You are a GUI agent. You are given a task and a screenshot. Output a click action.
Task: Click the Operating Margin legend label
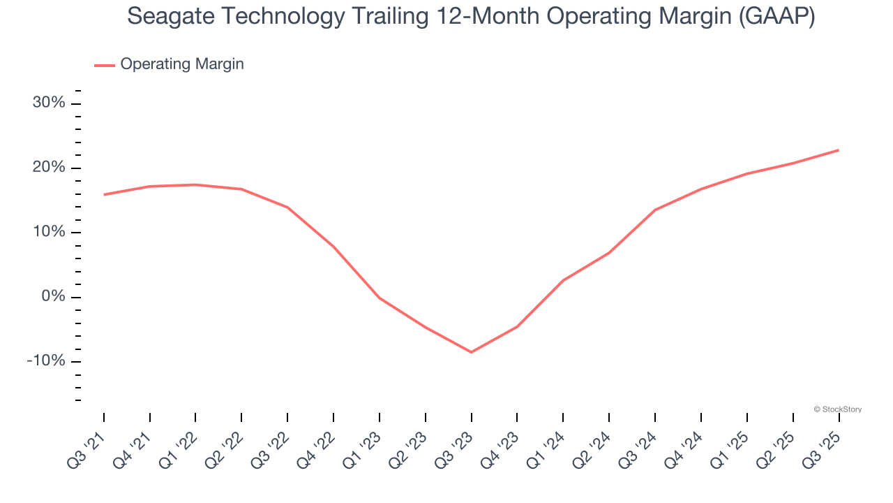pyautogui.click(x=182, y=64)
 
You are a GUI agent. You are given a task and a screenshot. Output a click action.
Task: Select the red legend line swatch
pyautogui.click(x=105, y=65)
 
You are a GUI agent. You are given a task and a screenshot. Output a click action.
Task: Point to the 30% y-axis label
pyautogui.click(x=49, y=103)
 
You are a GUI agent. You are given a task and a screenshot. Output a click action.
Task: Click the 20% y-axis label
pyautogui.click(x=49, y=168)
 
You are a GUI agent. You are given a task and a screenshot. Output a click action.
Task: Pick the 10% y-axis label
pyautogui.click(x=49, y=233)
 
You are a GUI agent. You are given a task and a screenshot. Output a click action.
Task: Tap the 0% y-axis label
pyautogui.click(x=53, y=297)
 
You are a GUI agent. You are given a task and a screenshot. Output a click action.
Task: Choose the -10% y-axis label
pyautogui.click(x=46, y=361)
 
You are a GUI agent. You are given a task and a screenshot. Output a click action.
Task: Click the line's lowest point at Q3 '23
pyautogui.click(x=471, y=352)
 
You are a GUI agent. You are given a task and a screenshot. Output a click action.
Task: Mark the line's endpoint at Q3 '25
pyautogui.click(x=839, y=150)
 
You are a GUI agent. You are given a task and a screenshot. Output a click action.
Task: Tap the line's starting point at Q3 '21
pyautogui.click(x=104, y=195)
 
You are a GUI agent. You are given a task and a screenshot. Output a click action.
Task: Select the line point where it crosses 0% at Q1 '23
pyautogui.click(x=379, y=298)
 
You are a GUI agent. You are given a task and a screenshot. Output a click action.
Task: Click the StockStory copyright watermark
pyautogui.click(x=837, y=409)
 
